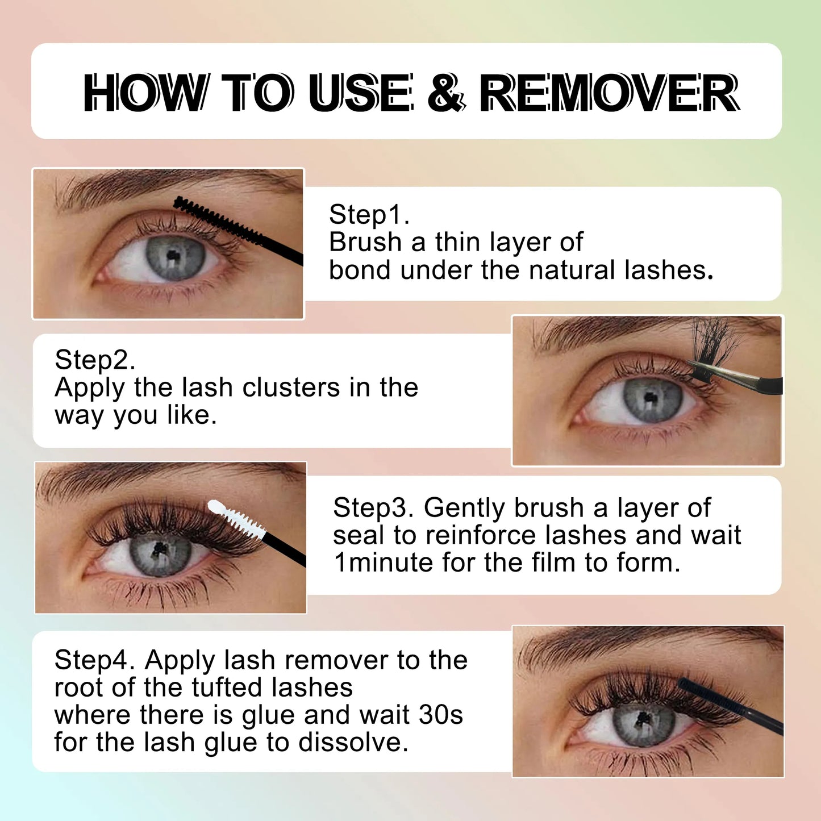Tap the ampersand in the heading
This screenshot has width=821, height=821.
point(445,93)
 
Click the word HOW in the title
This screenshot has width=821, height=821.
point(143,93)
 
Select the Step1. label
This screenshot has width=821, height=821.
point(369,215)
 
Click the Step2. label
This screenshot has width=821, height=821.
point(94,360)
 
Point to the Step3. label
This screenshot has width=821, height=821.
point(373,509)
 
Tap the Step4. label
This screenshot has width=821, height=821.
point(94,661)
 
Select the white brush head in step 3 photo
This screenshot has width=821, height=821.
point(236,519)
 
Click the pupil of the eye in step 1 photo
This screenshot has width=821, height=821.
point(173,256)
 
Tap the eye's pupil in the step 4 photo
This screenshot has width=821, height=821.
point(641,720)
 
